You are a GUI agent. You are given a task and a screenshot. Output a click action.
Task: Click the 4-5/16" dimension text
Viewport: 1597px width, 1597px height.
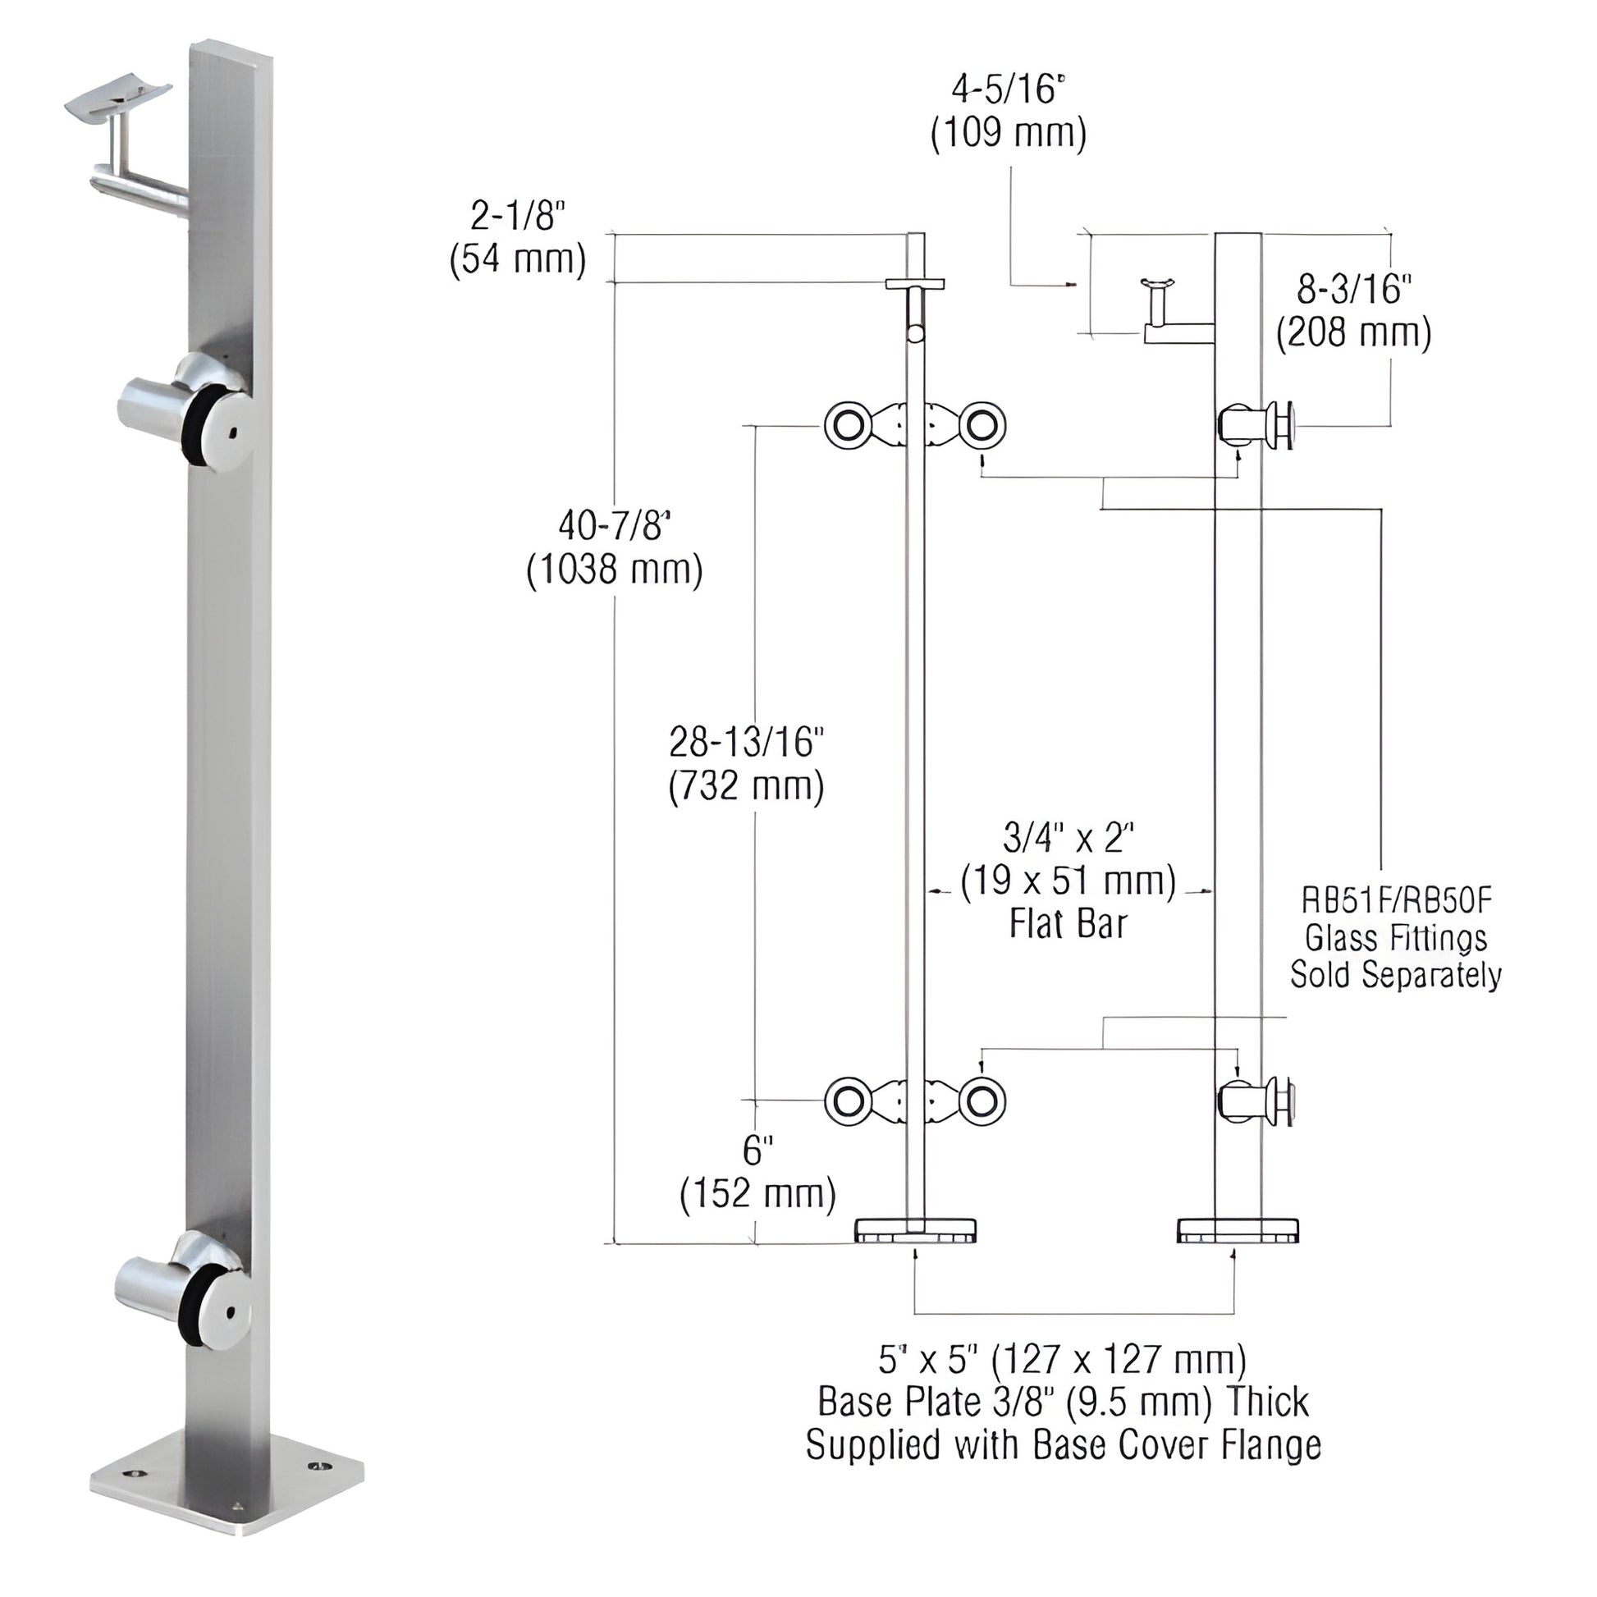coord(1009,89)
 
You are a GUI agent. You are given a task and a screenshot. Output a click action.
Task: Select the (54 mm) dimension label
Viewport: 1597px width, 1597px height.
coord(518,259)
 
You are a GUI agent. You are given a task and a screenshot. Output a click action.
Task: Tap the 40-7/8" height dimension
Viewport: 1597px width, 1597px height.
coord(614,526)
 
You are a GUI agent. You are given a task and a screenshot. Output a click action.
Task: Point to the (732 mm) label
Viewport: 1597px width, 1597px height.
coord(747,786)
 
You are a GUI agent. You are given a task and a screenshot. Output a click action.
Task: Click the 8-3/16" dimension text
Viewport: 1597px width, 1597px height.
coord(1353,290)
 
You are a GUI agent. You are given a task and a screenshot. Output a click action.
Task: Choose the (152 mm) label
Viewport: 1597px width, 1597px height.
coord(758,1193)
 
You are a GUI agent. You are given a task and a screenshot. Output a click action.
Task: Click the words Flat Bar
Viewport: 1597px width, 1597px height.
coord(1068,924)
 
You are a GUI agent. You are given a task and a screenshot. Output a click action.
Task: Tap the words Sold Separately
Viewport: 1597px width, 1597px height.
coord(1395,975)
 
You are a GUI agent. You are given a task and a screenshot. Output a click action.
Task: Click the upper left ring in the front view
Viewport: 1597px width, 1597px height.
coord(848,427)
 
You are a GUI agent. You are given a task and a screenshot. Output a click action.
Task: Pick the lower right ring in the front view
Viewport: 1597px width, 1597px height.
coord(982,1101)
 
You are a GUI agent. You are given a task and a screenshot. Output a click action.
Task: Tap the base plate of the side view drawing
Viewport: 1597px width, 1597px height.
coord(1237,1230)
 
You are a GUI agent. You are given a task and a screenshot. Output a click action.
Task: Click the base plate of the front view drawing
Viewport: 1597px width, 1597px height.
coord(916,1230)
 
